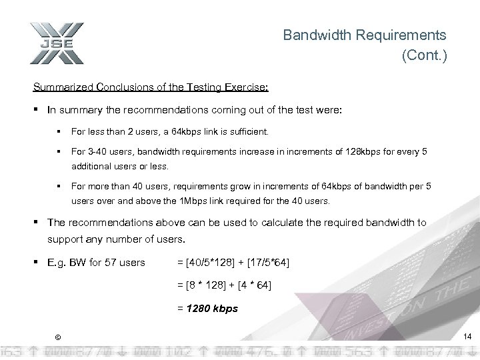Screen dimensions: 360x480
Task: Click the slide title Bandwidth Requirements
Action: (365, 35)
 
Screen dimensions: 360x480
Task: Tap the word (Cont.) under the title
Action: (424, 56)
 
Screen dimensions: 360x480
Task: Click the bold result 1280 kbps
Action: (213, 309)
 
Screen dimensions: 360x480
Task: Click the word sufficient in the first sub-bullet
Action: (247, 132)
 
